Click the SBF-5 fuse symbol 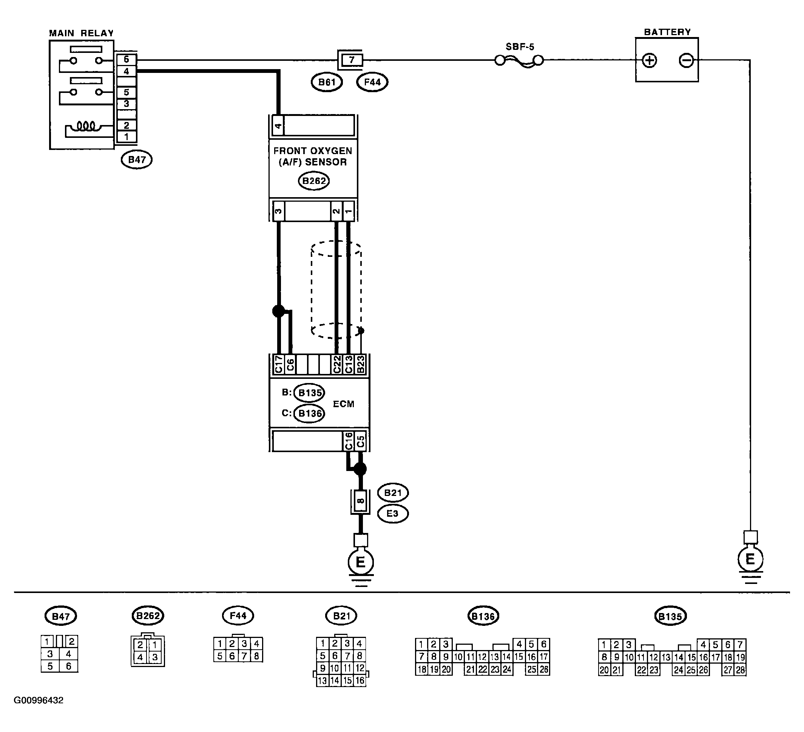pyautogui.click(x=519, y=61)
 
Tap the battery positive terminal pyautogui.click(x=650, y=61)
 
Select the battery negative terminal pyautogui.click(x=686, y=61)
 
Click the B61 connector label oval pyautogui.click(x=327, y=83)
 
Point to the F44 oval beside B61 pyautogui.click(x=372, y=83)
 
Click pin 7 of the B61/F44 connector pyautogui.click(x=351, y=60)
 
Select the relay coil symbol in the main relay pyautogui.click(x=86, y=127)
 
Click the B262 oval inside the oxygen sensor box pyautogui.click(x=314, y=181)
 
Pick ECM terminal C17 pyautogui.click(x=278, y=364)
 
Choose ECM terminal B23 pyautogui.click(x=360, y=364)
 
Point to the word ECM pyautogui.click(x=343, y=404)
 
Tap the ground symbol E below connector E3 pyautogui.click(x=361, y=562)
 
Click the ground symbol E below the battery pyautogui.click(x=750, y=560)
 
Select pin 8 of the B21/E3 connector pyautogui.click(x=360, y=502)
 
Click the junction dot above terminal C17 pyautogui.click(x=278, y=311)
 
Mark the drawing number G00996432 pyautogui.click(x=39, y=701)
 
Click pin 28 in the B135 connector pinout pyautogui.click(x=740, y=670)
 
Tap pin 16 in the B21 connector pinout pyautogui.click(x=360, y=680)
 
